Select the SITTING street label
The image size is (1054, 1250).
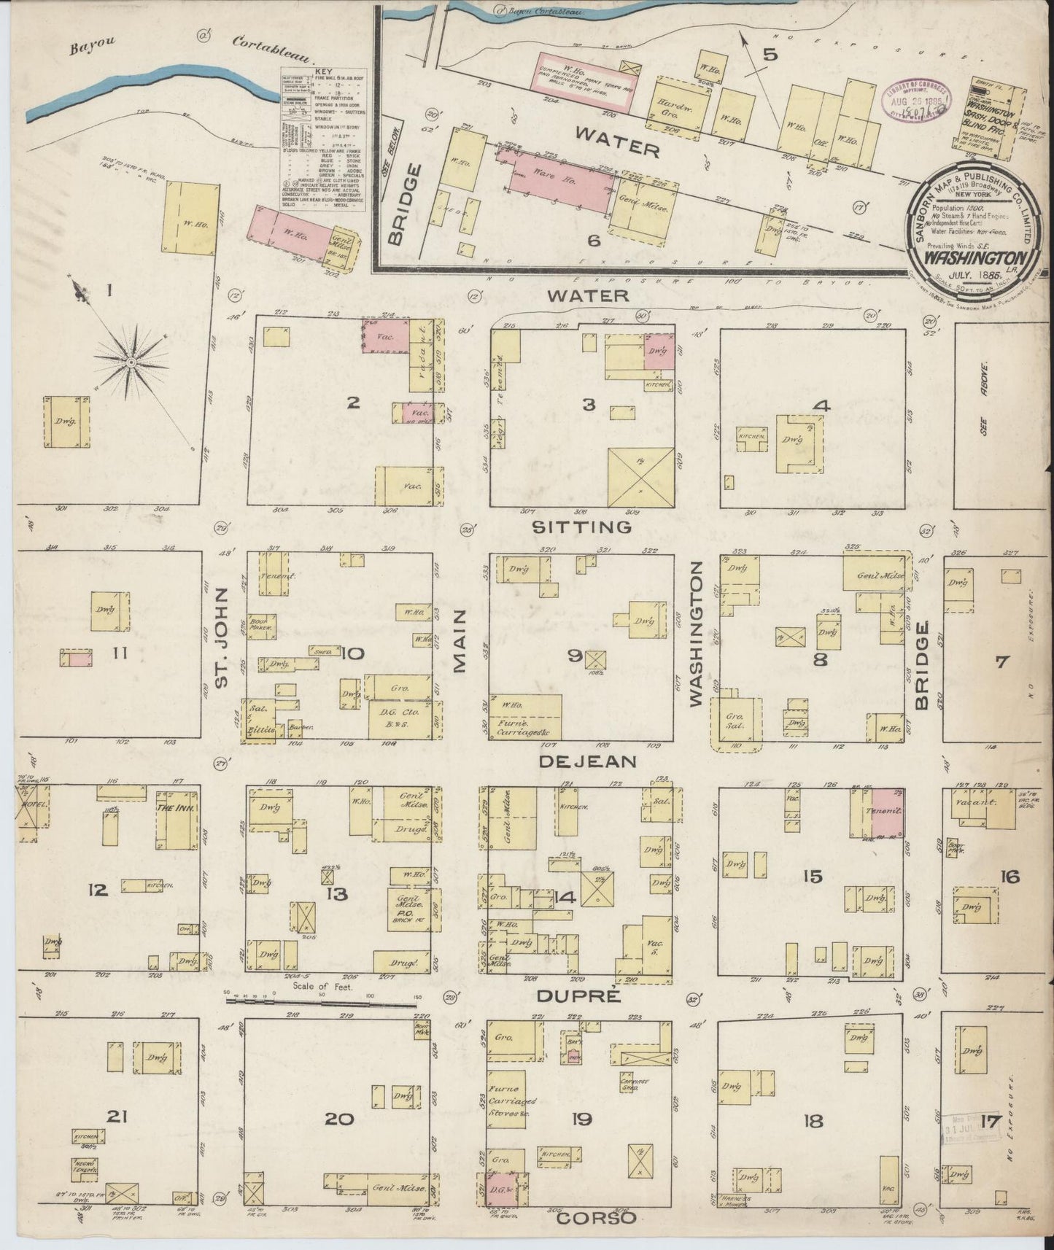click(x=581, y=527)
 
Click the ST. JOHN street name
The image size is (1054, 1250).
click(x=222, y=637)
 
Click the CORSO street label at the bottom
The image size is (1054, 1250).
click(x=597, y=1217)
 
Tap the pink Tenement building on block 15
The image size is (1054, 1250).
click(x=888, y=812)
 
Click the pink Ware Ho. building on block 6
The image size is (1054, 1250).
click(x=559, y=179)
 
